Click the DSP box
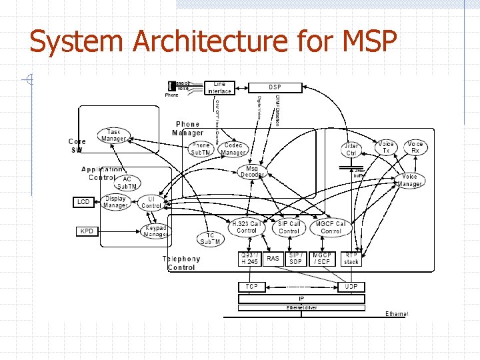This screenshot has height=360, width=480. pyautogui.click(x=275, y=87)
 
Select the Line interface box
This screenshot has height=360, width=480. pyautogui.click(x=219, y=87)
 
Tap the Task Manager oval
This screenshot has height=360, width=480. pyautogui.click(x=114, y=135)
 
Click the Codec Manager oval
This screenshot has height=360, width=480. pyautogui.click(x=233, y=149)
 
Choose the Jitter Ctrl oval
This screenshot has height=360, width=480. pyautogui.click(x=351, y=149)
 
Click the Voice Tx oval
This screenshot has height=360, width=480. pyautogui.click(x=386, y=147)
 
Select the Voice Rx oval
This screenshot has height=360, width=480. pyautogui.click(x=415, y=147)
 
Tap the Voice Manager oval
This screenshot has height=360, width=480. pyautogui.click(x=410, y=180)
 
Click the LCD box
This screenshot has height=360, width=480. pyautogui.click(x=83, y=201)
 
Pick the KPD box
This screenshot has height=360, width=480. pyautogui.click(x=86, y=231)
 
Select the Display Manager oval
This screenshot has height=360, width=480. pyautogui.click(x=115, y=202)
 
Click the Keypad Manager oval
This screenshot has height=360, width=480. pyautogui.click(x=156, y=231)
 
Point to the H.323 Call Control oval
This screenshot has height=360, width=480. pyautogui.click(x=247, y=227)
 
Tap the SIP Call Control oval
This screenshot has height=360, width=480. pyautogui.click(x=289, y=227)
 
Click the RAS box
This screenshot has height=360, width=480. pyautogui.click(x=273, y=258)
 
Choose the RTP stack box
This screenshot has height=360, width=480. pyautogui.click(x=351, y=258)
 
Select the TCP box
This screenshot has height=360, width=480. pyautogui.click(x=251, y=286)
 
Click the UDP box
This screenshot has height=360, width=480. pyautogui.click(x=351, y=286)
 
